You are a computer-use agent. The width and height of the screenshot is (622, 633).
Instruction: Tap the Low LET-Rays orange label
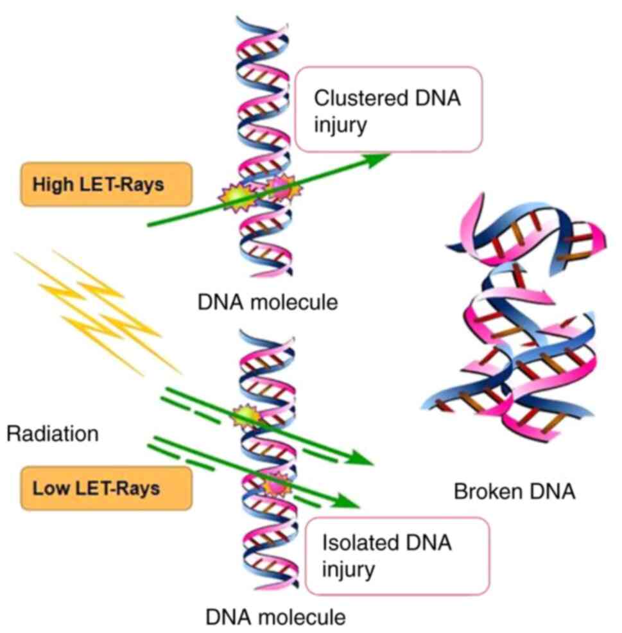pos(107,488)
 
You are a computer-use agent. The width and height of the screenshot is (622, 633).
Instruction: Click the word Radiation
pos(53,434)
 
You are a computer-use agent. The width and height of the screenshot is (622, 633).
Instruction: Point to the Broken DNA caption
pos(514,492)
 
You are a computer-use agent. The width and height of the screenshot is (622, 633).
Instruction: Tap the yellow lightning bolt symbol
pos(96,311)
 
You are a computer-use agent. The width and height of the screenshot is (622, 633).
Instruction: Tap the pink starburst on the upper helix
pos(280,188)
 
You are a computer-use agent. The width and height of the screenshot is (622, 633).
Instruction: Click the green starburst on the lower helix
pos(245,417)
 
